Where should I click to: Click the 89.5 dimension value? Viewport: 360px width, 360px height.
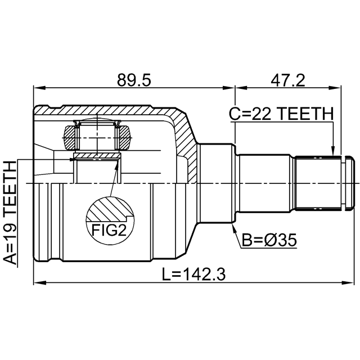tap(134, 80)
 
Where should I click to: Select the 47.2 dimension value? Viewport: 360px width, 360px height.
tap(288, 80)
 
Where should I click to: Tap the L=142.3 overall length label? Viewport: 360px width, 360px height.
tap(193, 274)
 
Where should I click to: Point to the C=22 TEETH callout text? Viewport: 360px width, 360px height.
tap(281, 114)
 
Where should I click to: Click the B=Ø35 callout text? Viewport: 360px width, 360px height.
tap(269, 240)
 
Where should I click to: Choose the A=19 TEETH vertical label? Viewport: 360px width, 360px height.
tap(10, 213)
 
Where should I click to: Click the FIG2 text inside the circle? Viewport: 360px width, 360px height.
tap(109, 230)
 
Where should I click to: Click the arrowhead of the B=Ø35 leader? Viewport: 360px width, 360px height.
tap(234, 228)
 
